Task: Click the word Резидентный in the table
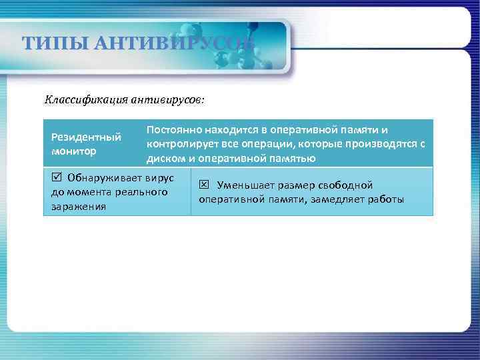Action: pyautogui.click(x=86, y=137)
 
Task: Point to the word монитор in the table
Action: pyautogui.click(x=74, y=151)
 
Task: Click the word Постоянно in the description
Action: pyautogui.click(x=174, y=129)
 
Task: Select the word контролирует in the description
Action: pyautogui.click(x=181, y=144)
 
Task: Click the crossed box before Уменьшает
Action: pyautogui.click(x=204, y=185)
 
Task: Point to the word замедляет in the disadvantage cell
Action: pyautogui.click(x=340, y=200)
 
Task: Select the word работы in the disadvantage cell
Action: pyautogui.click(x=387, y=200)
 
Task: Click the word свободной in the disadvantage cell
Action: pyautogui.click(x=341, y=185)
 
